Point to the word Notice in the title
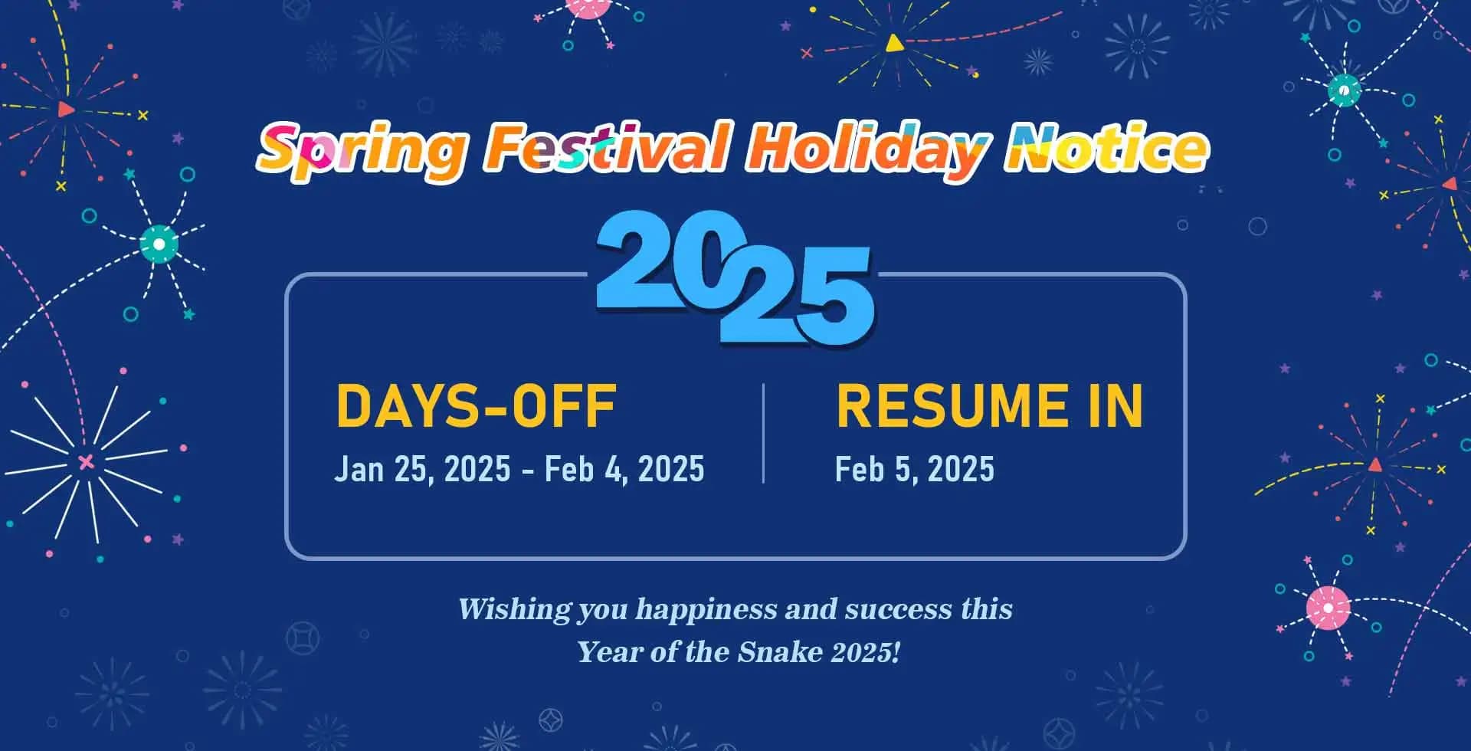(1107, 148)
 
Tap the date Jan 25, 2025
(422, 469)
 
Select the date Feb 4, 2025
(624, 469)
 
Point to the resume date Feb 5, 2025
(915, 469)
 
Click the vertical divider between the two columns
(764, 433)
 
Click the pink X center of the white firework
(86, 461)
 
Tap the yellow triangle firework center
(893, 43)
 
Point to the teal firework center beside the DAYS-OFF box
(159, 244)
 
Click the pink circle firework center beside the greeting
(1328, 608)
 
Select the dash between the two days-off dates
(528, 471)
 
